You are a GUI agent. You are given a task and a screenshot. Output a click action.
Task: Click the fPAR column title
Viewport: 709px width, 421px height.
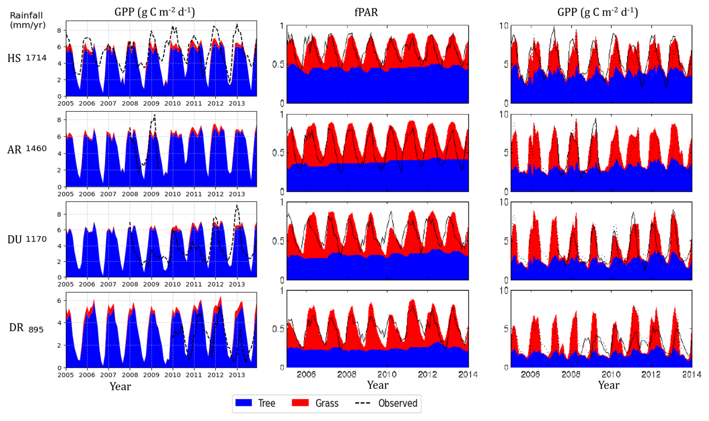pyautogui.click(x=366, y=12)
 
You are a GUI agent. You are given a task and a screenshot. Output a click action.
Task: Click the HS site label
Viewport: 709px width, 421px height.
pyautogui.click(x=14, y=58)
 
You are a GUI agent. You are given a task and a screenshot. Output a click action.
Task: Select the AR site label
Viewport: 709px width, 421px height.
pyautogui.click(x=14, y=150)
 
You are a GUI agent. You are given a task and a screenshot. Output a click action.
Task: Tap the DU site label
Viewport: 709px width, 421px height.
pyautogui.click(x=15, y=240)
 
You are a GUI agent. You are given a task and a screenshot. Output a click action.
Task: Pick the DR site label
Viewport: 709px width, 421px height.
pyautogui.click(x=16, y=328)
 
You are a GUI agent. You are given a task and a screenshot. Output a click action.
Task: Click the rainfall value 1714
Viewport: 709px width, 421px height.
pyautogui.click(x=36, y=58)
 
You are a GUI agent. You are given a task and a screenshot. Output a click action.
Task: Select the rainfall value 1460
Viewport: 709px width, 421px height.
pyautogui.click(x=36, y=148)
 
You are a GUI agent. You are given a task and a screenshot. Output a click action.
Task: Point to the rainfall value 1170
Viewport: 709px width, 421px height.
pyautogui.click(x=36, y=239)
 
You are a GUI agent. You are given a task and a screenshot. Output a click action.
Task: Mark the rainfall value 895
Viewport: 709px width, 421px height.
pyautogui.click(x=36, y=330)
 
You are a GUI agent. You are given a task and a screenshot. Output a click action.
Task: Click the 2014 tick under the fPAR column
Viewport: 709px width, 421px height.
pyautogui.click(x=468, y=374)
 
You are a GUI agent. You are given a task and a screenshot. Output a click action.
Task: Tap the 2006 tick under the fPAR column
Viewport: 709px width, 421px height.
pyautogui.click(x=306, y=374)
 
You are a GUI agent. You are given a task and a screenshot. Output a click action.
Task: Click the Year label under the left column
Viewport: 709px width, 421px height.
pyautogui.click(x=120, y=387)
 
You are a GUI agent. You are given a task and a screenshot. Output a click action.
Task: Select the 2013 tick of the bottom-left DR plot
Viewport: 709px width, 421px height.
pyautogui.click(x=237, y=375)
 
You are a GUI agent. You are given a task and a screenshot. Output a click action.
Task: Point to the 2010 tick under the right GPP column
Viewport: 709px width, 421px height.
pyautogui.click(x=611, y=374)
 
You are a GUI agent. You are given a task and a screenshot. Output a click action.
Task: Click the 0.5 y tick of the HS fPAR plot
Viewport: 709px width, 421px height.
pyautogui.click(x=278, y=64)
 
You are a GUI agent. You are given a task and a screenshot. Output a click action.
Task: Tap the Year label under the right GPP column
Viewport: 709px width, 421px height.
pyautogui.click(x=609, y=385)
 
